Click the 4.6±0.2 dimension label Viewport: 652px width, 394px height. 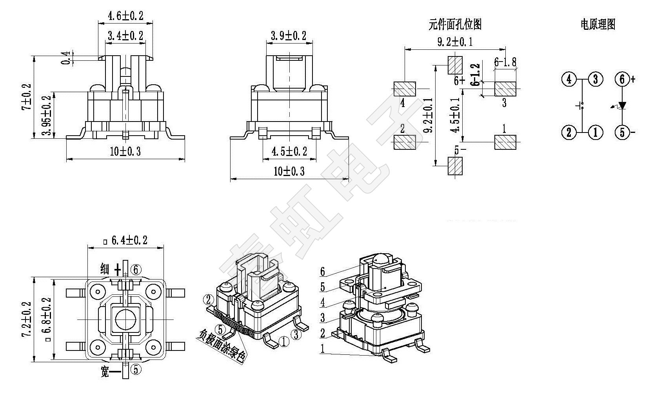point(125,16)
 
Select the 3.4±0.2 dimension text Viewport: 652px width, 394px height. point(125,36)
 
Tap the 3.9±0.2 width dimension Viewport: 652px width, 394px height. point(288,36)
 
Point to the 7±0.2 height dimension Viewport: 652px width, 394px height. point(27,97)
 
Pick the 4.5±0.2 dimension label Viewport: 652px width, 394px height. point(289,151)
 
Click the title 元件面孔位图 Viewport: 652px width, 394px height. point(454,25)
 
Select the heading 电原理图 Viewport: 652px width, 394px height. point(598,25)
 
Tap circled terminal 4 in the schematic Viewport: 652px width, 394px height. point(569,79)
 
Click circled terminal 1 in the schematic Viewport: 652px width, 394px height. point(596,132)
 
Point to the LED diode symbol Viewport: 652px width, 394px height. point(622,105)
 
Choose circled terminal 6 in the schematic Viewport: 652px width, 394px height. point(622,79)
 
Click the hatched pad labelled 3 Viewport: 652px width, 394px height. point(505,89)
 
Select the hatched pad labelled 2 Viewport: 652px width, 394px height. point(404,142)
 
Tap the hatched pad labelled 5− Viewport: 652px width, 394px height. point(455,166)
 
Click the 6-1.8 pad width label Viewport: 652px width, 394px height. point(505,62)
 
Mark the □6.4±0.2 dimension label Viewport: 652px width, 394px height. point(125,240)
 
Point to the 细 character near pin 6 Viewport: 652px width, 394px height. point(105,269)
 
